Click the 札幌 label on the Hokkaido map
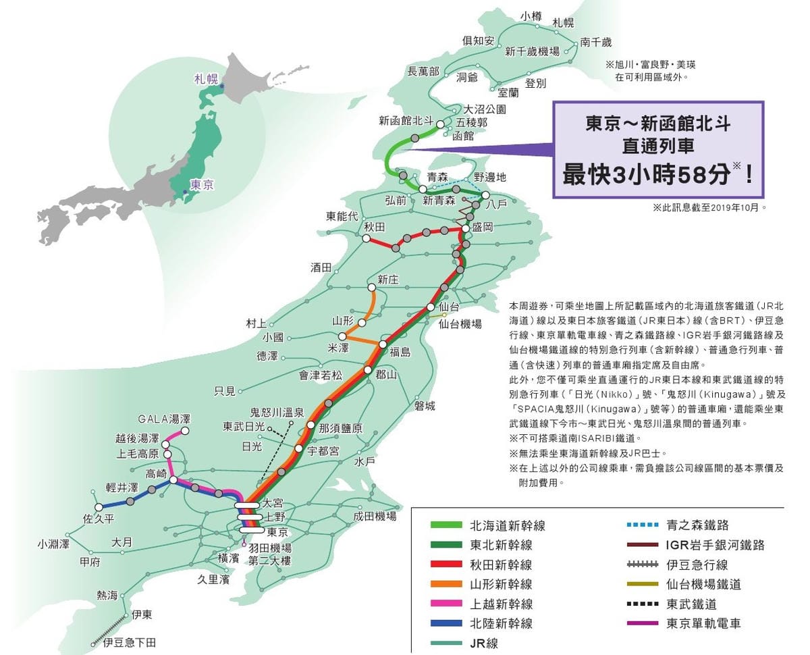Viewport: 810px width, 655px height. pyautogui.click(x=563, y=22)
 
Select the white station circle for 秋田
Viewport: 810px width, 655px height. pyautogui.click(x=367, y=238)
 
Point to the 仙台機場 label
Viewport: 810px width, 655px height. pyautogui.click(x=460, y=324)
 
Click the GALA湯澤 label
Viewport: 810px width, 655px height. pyautogui.click(x=165, y=419)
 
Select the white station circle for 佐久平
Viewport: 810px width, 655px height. pyautogui.click(x=99, y=506)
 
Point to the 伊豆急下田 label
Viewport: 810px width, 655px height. pyautogui.click(x=130, y=643)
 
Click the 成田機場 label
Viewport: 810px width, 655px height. pyautogui.click(x=374, y=517)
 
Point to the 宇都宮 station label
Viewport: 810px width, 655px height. pyautogui.click(x=323, y=451)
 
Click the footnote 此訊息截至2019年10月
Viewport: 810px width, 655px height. pyautogui.click(x=709, y=208)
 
